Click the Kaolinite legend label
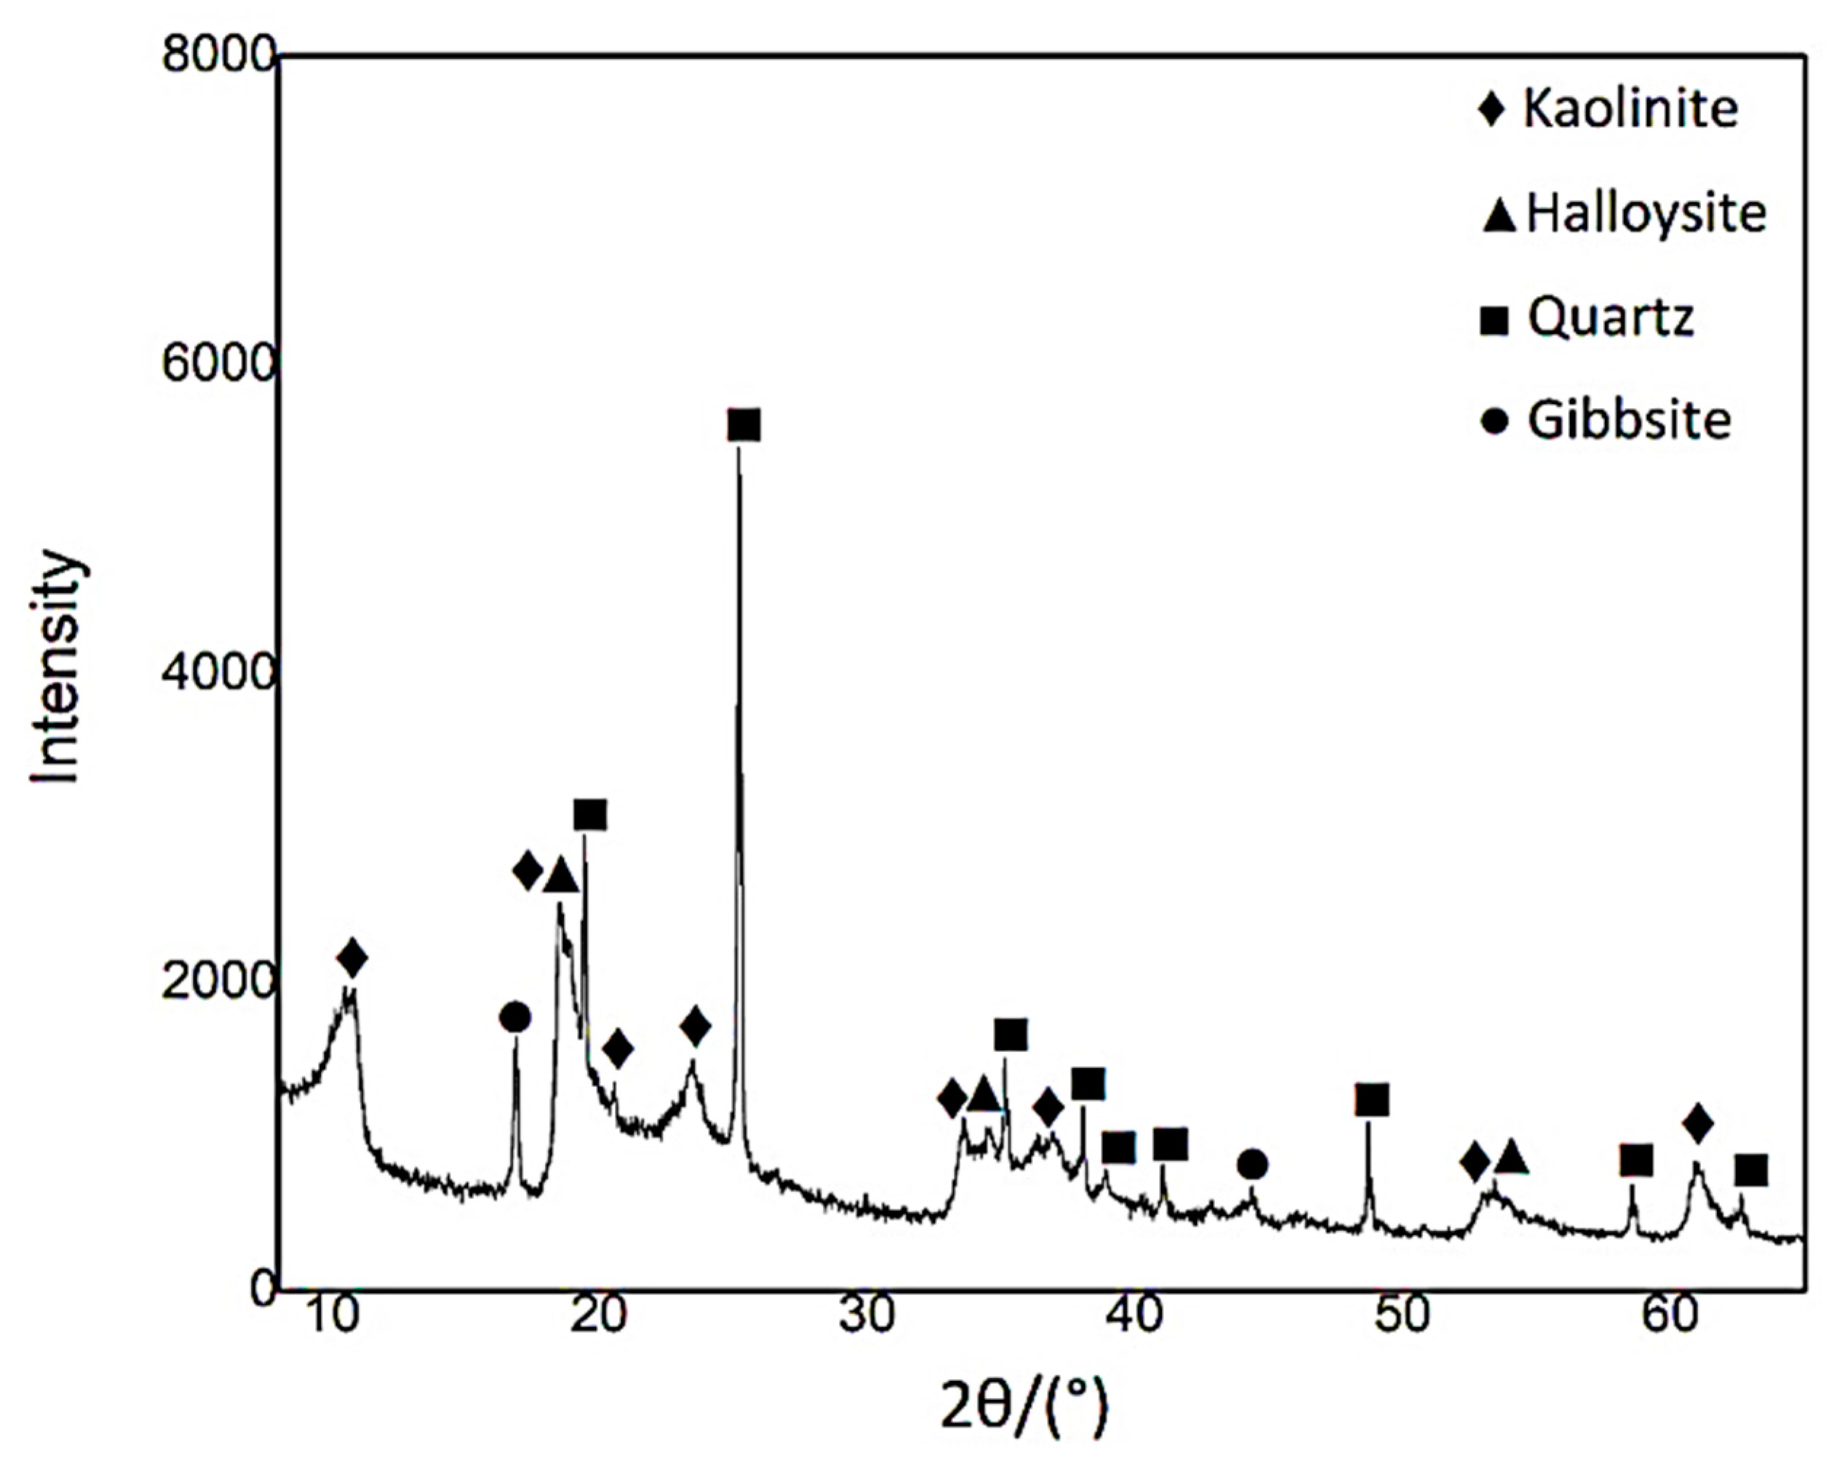[1630, 110]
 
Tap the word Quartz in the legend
[1611, 319]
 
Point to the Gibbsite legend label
[1628, 421]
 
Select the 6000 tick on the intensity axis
[218, 365]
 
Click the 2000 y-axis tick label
[218, 981]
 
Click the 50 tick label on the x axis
[1402, 1316]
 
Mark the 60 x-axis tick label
[1670, 1316]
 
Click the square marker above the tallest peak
[743, 425]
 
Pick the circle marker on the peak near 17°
[514, 1018]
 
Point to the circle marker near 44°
[1252, 1165]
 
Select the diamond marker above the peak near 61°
[1697, 1123]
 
